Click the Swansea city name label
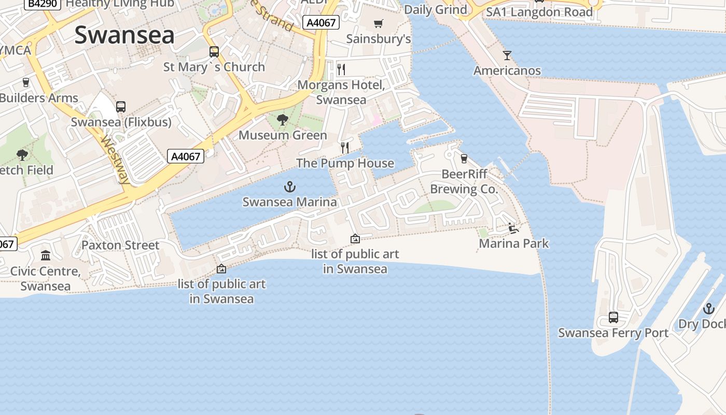[124, 35]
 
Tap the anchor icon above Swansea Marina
[290, 187]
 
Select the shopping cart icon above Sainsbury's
[379, 23]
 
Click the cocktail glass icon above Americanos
[507, 55]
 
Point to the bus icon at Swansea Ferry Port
[613, 317]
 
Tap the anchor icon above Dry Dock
[708, 309]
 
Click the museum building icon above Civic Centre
[46, 255]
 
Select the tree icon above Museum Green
[283, 120]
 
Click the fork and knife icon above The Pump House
[345, 148]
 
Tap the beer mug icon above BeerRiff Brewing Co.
[464, 158]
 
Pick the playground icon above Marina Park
[513, 228]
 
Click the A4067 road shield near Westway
[186, 156]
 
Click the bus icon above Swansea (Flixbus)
[121, 107]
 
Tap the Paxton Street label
[120, 245]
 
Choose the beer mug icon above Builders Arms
[26, 82]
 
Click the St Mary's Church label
[214, 67]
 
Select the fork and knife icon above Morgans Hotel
[341, 69]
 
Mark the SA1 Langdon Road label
[539, 11]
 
